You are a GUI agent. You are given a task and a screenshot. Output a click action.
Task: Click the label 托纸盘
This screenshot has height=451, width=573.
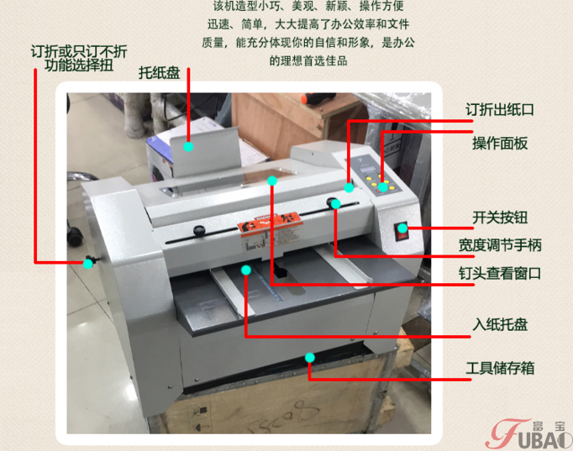pos(160,73)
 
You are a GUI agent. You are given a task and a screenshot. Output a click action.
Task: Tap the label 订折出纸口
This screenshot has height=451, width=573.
pos(500,109)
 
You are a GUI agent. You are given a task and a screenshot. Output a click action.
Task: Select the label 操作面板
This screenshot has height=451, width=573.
pos(500,143)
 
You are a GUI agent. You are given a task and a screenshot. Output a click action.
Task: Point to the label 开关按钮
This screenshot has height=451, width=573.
pos(500,218)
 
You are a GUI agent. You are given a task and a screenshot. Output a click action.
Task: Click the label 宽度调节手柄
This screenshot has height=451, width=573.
pos(500,245)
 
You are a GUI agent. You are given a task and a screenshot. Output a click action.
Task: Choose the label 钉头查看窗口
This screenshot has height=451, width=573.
pos(500,273)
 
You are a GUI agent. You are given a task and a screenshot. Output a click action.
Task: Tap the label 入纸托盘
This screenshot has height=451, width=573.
pos(500,324)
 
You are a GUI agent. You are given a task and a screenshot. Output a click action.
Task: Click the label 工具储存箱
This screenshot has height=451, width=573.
pos(500,368)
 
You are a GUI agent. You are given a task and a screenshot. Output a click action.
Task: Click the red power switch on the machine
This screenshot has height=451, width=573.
pos(401,232)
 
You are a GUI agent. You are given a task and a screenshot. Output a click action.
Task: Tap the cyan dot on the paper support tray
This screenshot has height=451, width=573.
pos(188,147)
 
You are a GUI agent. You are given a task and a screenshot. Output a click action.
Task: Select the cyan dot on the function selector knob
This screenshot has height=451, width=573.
pos(87,264)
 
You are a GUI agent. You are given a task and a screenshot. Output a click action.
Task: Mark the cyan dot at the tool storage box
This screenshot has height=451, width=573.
pos(310,358)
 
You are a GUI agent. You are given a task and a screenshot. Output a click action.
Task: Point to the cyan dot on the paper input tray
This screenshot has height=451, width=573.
pos(246,270)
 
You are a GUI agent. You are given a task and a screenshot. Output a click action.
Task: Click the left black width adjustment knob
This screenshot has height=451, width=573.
pos(199,230)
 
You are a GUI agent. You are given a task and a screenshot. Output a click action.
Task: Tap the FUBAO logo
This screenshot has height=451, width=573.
pos(529,434)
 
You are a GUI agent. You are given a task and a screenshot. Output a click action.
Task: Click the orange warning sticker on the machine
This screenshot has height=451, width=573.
pos(270,221)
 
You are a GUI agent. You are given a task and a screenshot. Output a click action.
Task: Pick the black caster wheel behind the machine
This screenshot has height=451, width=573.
pos(76,235)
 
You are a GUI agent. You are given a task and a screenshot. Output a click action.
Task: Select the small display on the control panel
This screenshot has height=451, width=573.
pos(368,170)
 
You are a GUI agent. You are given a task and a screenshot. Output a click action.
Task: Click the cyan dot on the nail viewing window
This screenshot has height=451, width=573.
pos(272,181)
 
